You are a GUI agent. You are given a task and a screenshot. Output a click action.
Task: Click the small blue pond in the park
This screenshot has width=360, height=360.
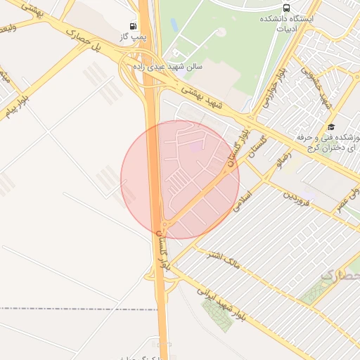174,25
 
